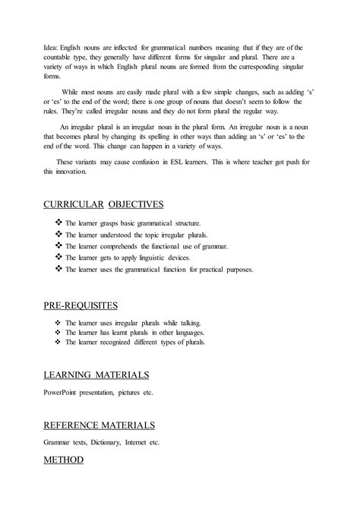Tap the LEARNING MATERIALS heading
95,375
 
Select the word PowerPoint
64,394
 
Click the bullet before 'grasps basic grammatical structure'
59,225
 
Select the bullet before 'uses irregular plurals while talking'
59,323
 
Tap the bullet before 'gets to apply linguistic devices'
59,258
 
